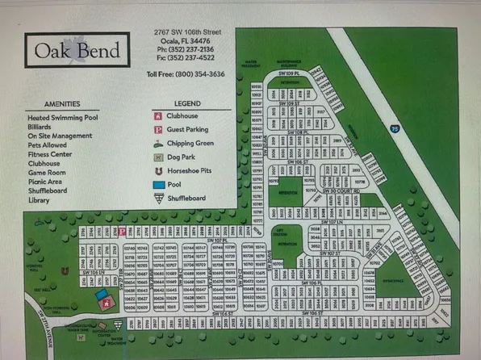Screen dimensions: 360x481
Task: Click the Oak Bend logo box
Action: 77,50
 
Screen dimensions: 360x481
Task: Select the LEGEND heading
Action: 187,104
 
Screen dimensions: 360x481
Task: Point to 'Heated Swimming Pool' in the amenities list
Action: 62,118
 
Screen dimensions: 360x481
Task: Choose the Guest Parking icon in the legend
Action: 159,130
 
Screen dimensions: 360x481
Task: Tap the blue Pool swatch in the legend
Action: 159,184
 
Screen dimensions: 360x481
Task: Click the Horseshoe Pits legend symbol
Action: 159,171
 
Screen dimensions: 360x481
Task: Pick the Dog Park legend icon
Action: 159,157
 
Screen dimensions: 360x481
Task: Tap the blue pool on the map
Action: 101,295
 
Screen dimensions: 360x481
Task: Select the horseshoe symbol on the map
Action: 65,271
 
